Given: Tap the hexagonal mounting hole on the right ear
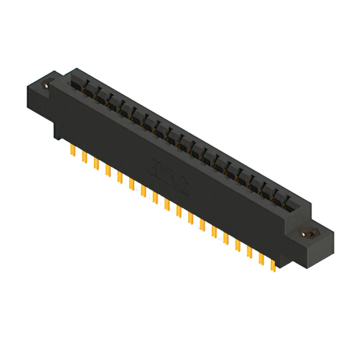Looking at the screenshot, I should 307,232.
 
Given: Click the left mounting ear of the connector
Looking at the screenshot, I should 42,96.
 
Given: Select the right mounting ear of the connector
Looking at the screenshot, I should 315,236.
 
